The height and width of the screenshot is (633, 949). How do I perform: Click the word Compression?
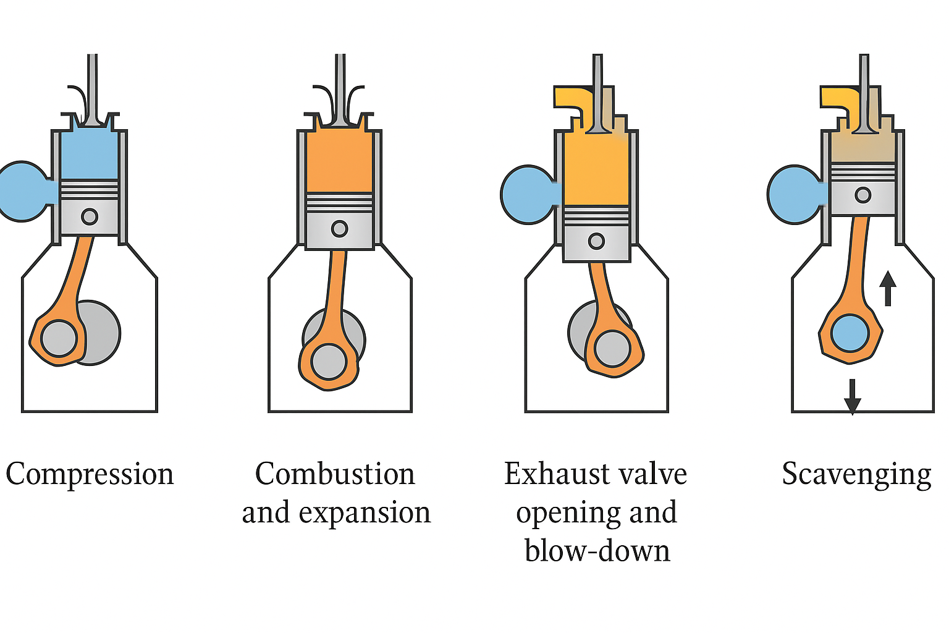90,475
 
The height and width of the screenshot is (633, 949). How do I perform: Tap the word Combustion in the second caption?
335,475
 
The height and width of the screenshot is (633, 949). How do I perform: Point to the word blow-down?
597,551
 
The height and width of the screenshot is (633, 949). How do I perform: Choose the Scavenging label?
856,475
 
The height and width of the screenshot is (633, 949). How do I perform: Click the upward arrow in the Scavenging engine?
888,288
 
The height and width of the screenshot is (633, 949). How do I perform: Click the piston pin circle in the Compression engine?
90,217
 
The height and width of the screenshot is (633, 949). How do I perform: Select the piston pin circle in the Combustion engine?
339,229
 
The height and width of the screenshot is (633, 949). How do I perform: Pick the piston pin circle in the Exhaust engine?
596,240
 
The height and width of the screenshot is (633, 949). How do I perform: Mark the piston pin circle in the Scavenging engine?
863,195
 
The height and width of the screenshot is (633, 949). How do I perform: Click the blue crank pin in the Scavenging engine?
850,334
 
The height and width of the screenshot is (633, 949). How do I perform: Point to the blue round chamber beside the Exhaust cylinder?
527,195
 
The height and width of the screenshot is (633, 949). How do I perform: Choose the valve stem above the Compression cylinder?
92,87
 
